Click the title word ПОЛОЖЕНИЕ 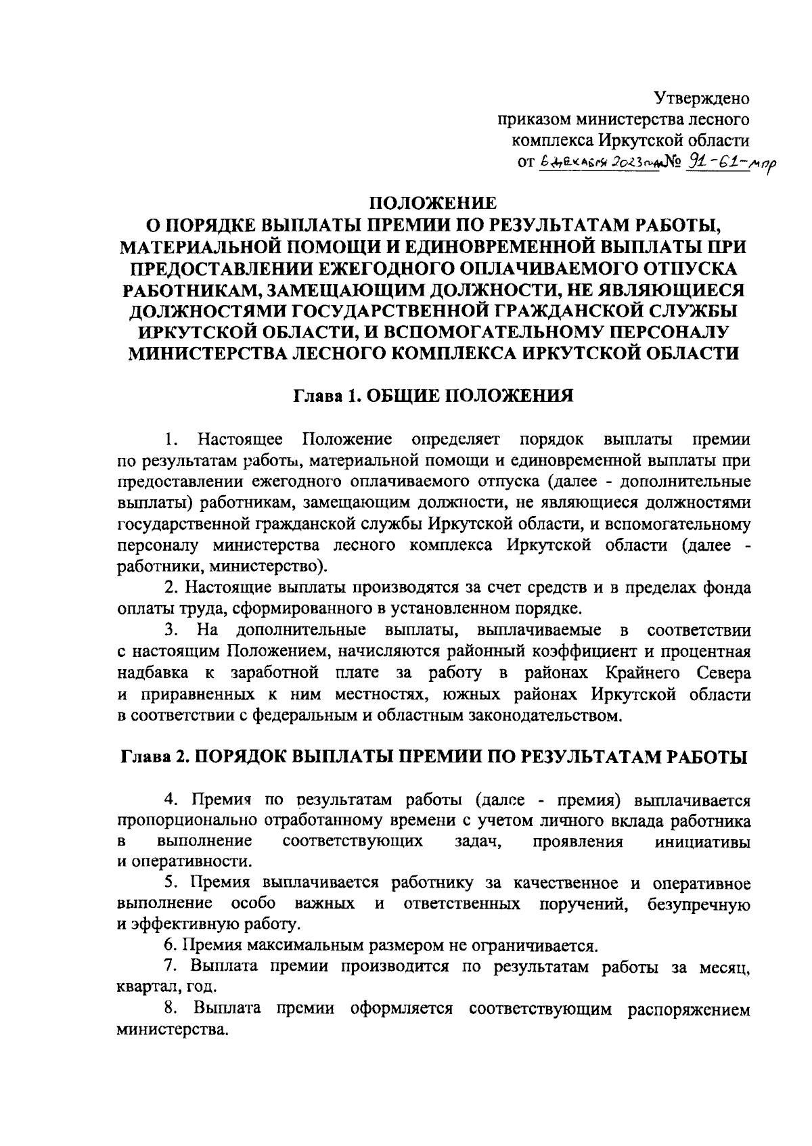[432, 203]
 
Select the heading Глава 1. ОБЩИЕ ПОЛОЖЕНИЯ [433, 396]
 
